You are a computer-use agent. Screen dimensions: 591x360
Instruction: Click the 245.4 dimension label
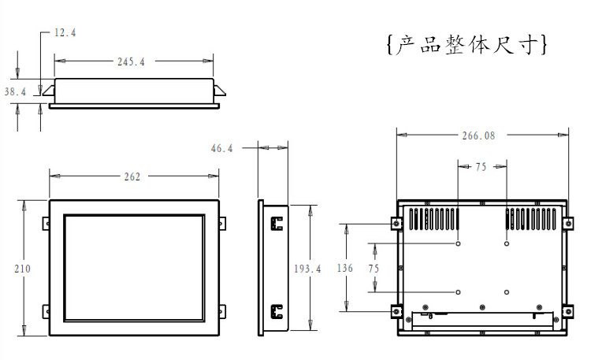click(x=131, y=61)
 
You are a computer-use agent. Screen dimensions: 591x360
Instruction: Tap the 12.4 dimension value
click(x=65, y=33)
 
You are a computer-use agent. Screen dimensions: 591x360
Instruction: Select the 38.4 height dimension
click(x=15, y=91)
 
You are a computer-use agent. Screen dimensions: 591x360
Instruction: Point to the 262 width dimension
click(x=132, y=176)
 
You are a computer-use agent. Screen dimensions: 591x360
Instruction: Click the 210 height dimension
click(x=22, y=269)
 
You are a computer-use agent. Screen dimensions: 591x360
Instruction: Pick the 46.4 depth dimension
click(x=221, y=149)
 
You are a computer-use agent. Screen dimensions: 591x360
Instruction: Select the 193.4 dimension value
click(x=307, y=269)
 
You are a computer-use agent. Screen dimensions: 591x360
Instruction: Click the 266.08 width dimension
click(x=478, y=135)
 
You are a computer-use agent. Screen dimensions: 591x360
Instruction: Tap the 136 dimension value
click(x=345, y=268)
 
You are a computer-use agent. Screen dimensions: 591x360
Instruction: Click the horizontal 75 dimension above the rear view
click(x=481, y=167)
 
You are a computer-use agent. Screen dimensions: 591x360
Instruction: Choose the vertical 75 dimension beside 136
click(x=374, y=269)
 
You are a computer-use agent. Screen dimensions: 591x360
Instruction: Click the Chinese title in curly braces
click(x=467, y=45)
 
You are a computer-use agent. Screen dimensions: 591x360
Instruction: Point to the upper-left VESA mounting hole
click(x=458, y=243)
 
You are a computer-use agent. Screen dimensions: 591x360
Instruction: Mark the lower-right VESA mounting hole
click(x=507, y=292)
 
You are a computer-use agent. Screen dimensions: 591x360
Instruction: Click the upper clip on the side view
click(x=277, y=224)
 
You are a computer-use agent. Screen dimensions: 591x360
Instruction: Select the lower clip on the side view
click(x=277, y=312)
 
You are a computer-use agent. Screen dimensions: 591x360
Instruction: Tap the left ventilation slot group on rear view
click(x=434, y=219)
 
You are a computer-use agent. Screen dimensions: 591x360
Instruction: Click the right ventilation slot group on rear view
click(x=530, y=219)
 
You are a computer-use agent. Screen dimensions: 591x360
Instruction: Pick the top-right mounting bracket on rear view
click(x=568, y=224)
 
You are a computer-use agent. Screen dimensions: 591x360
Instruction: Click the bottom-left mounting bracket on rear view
click(x=396, y=312)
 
